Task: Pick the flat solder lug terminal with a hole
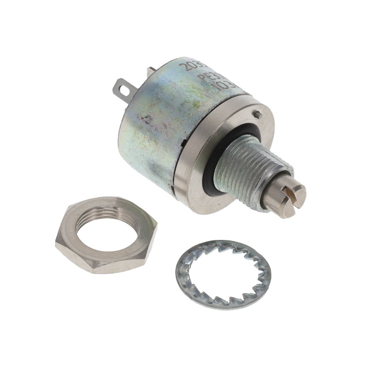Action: pyautogui.click(x=127, y=89)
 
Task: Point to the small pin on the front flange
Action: pyautogui.click(x=258, y=114)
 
